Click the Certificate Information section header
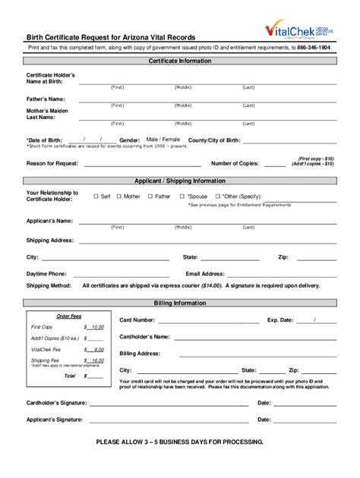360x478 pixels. click(x=180, y=60)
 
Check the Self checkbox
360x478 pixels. click(x=96, y=196)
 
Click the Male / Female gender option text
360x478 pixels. click(x=163, y=140)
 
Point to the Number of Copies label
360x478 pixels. click(x=235, y=163)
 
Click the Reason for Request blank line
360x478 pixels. click(x=142, y=164)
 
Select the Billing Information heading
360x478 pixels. click(x=180, y=303)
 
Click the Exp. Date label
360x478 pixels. click(x=280, y=320)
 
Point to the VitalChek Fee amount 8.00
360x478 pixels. click(x=96, y=349)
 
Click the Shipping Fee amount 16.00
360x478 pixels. click(x=96, y=360)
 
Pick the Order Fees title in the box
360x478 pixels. click(x=69, y=316)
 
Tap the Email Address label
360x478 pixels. click(x=205, y=273)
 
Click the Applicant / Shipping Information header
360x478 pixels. click(x=180, y=181)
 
